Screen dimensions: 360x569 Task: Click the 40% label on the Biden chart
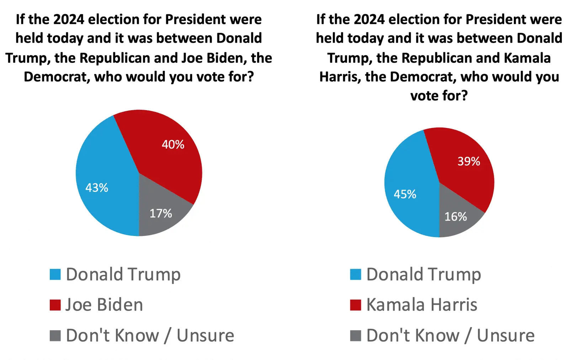point(173,144)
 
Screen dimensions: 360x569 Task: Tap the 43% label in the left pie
point(97,188)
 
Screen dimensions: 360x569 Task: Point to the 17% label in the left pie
point(161,213)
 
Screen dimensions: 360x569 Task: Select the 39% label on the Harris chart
point(469,161)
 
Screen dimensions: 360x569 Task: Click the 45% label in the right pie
point(405,194)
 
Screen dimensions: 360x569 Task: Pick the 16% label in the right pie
point(456,216)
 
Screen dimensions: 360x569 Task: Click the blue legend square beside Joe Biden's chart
point(55,274)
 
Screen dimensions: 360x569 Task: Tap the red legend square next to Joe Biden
point(55,305)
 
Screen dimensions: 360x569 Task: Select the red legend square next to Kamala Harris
point(356,305)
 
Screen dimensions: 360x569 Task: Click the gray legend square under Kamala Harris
point(356,335)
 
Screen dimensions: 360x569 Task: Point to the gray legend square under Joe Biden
point(55,335)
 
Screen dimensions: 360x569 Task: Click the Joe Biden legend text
point(104,305)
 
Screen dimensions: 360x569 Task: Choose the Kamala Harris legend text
point(422,305)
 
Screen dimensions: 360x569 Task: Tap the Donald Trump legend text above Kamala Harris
point(424,274)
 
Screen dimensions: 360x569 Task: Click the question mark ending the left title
point(250,77)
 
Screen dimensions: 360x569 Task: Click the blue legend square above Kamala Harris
point(356,274)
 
